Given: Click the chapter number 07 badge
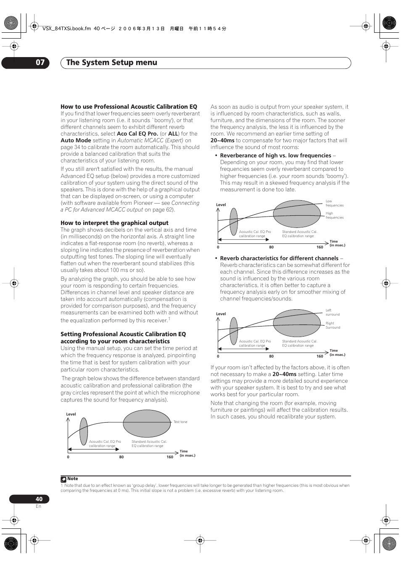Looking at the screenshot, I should click(40, 63).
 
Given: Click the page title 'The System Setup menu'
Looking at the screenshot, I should click(111, 63).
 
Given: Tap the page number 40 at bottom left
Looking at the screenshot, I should click(39, 499).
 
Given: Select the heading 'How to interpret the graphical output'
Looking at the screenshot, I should click(114, 223).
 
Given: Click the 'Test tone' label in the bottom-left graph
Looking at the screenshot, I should click(180, 422).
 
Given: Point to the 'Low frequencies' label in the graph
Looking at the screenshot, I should click(334, 203).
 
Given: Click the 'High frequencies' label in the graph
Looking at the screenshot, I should click(334, 215).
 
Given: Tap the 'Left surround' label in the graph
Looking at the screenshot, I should click(332, 312).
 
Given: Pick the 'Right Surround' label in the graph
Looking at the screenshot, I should click(332, 325).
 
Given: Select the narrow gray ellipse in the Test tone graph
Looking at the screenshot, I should click(84, 431).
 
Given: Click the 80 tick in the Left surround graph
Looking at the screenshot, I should click(272, 356).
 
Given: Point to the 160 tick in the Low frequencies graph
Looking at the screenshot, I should click(320, 247).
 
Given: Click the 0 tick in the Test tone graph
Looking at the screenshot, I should click(68, 457).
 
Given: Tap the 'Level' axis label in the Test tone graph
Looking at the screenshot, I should click(71, 414).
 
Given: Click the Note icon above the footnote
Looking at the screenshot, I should click(63, 479).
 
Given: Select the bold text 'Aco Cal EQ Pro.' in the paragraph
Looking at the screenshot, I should click(137, 133).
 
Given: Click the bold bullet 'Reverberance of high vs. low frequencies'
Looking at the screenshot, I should click(276, 155).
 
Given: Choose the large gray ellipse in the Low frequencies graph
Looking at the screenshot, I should click(297, 214).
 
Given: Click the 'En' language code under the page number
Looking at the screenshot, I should click(38, 506).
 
